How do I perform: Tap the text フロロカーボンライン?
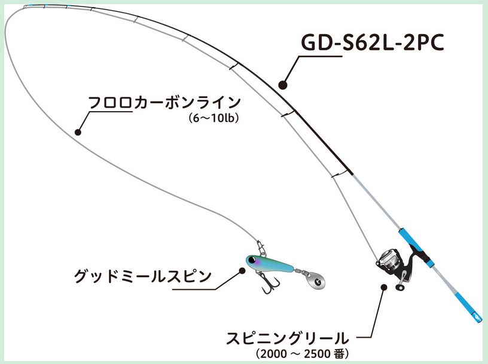pyautogui.click(x=164, y=102)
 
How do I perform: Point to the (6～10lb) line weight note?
pyautogui.click(x=213, y=119)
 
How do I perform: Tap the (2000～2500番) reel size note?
pyautogui.click(x=302, y=354)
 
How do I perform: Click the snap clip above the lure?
pyautogui.click(x=260, y=245)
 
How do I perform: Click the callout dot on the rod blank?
pyautogui.click(x=283, y=84)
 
